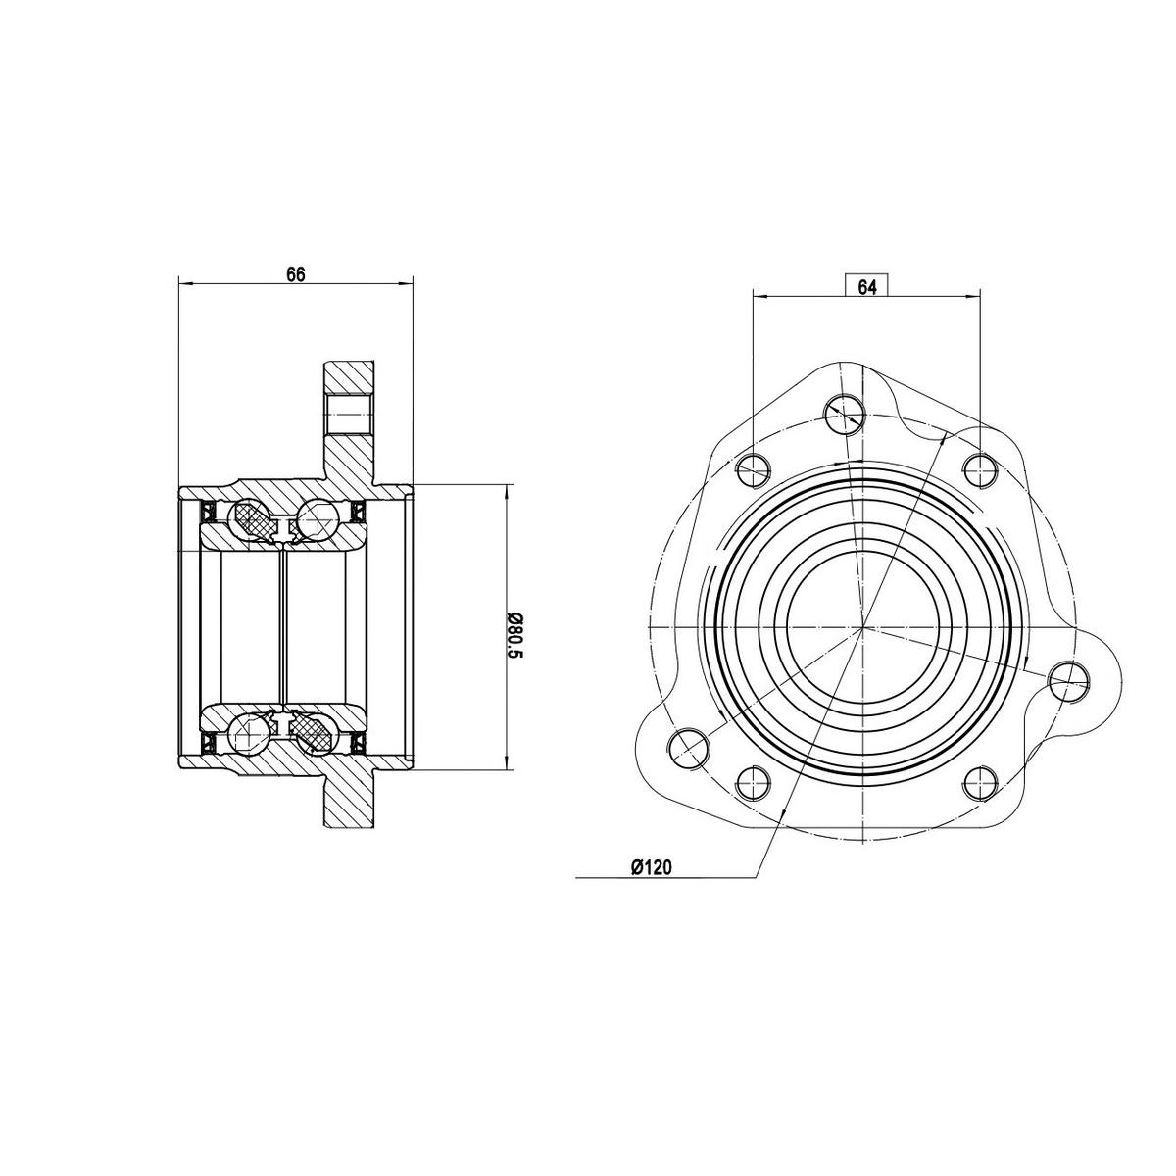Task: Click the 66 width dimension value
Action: (x=296, y=275)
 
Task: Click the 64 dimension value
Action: (x=866, y=286)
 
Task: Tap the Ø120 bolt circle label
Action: (x=651, y=866)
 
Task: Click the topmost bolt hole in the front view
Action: (x=843, y=415)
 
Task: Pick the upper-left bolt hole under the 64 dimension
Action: (x=753, y=470)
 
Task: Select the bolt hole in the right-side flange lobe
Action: (x=1067, y=679)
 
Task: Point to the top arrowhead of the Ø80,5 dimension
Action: (x=506, y=488)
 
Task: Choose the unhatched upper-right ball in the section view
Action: (x=317, y=518)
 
